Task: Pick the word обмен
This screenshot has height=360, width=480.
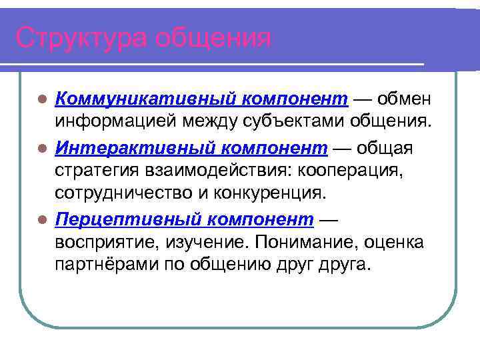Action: [405, 100]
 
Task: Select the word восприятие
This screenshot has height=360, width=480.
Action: [107, 242]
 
